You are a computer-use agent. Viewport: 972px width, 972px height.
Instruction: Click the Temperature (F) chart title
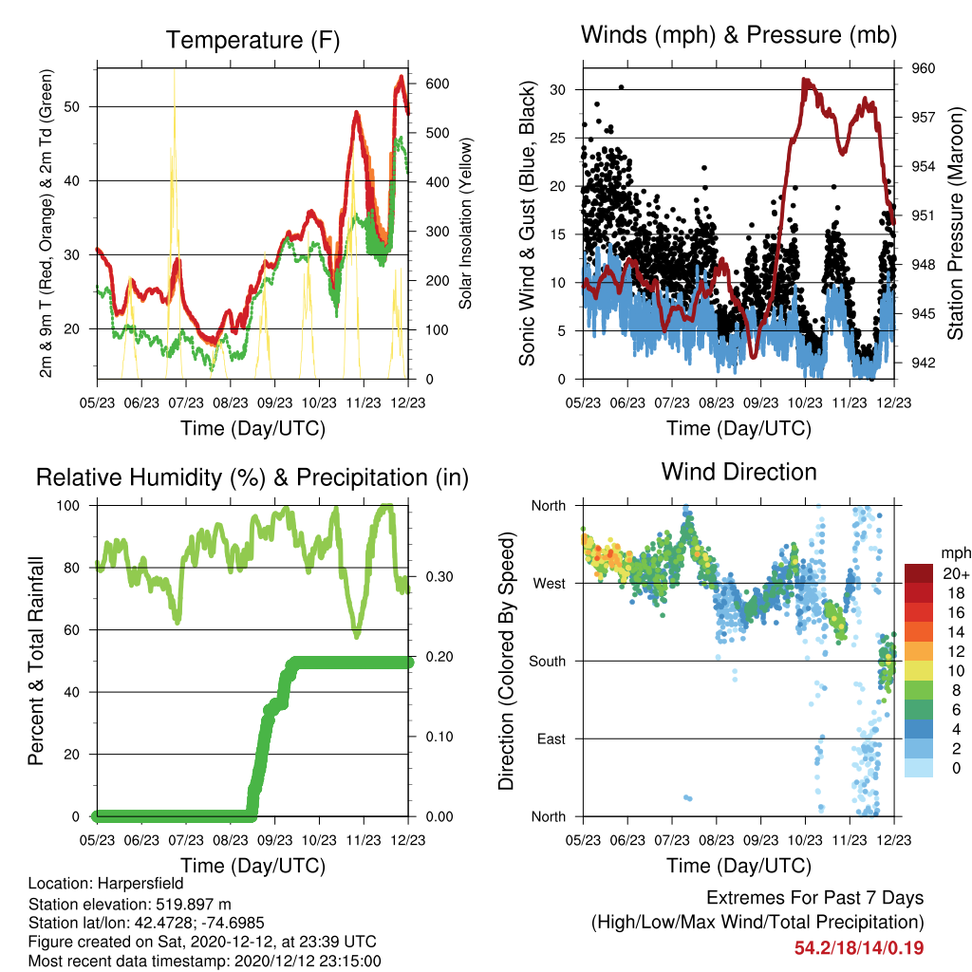tap(252, 40)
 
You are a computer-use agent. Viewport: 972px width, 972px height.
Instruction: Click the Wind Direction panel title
tap(738, 472)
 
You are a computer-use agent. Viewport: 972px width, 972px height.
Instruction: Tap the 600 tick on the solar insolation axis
tap(437, 84)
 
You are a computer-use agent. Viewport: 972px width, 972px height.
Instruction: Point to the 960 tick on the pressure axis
tap(923, 68)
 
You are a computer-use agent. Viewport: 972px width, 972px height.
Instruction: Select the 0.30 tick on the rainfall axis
tap(439, 576)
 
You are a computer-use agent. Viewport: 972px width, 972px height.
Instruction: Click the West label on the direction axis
tap(550, 584)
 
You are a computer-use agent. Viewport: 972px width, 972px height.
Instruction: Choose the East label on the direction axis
tap(551, 738)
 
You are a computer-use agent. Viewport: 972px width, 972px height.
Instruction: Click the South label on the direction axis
tap(548, 662)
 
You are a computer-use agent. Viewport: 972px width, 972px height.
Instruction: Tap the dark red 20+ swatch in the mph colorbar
tap(919, 573)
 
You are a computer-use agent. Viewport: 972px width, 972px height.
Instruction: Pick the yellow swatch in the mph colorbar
tap(919, 671)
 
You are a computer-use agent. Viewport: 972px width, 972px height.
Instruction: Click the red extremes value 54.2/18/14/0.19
tap(859, 948)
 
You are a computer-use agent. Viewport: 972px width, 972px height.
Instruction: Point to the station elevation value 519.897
tap(192, 904)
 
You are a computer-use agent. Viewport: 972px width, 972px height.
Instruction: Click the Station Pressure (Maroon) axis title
tap(955, 223)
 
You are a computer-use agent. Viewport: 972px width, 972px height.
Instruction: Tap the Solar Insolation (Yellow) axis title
tap(465, 223)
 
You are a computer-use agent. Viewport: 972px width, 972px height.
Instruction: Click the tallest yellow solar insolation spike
tap(175, 71)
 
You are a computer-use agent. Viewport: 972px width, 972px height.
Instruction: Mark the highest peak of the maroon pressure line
tap(804, 80)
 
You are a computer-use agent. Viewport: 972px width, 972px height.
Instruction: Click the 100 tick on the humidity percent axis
tap(68, 506)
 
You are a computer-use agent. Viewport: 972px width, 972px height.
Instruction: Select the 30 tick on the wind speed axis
tap(558, 90)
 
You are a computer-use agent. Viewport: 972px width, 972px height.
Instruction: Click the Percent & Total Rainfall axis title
tap(36, 661)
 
